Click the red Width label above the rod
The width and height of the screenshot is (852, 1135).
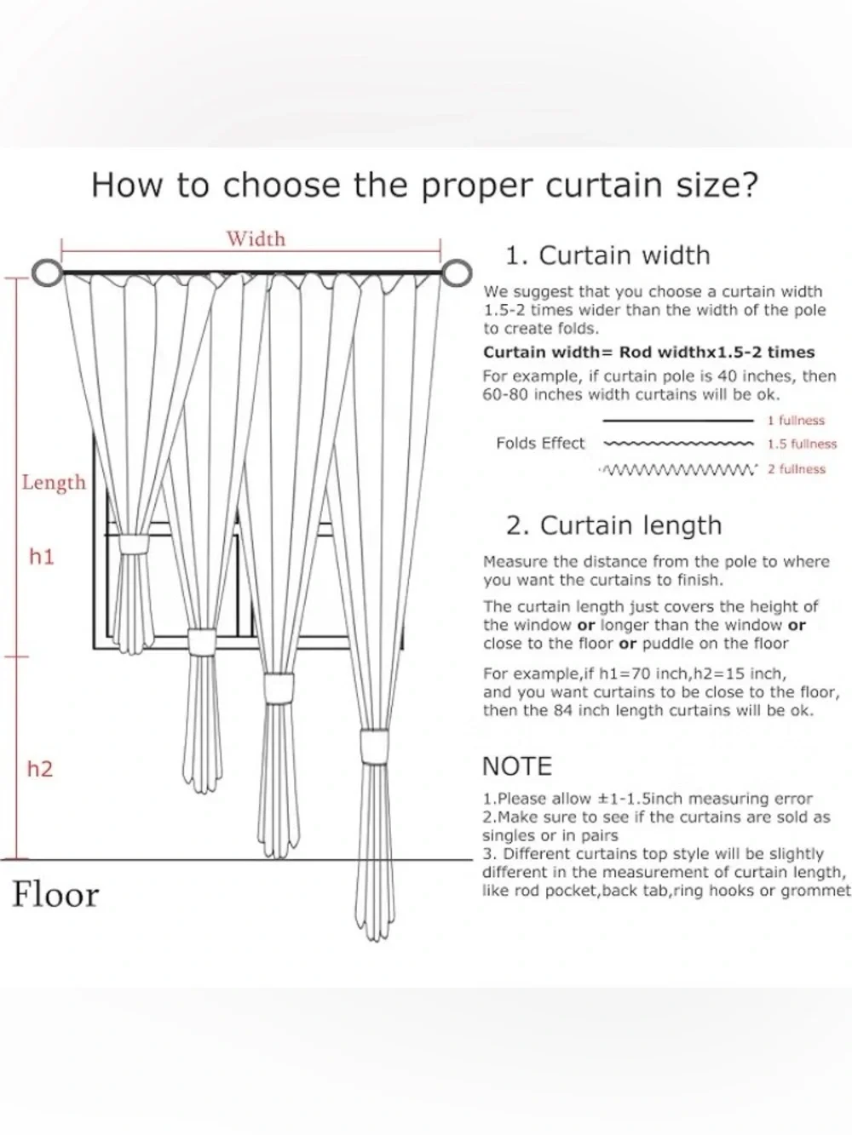pos(256,239)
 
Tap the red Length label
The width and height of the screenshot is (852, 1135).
pos(54,483)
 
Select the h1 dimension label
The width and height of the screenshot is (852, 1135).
pos(42,557)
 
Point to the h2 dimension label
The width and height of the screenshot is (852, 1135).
pos(40,769)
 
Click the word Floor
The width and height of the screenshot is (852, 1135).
pos(55,895)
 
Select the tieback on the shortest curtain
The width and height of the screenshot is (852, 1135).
pos(134,545)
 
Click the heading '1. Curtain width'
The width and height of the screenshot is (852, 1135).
pos(607,255)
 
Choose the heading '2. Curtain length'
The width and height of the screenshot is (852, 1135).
pos(613,526)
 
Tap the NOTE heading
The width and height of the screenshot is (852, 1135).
pos(517,766)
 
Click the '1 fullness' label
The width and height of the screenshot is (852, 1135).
pos(796,421)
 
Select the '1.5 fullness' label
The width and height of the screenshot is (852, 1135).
pos(802,444)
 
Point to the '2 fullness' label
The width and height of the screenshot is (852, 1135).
pos(796,469)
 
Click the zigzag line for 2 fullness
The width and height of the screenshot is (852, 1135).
pos(677,470)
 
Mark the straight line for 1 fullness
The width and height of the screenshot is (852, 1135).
pos(678,421)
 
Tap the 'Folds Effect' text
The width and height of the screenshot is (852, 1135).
pos(540,444)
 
